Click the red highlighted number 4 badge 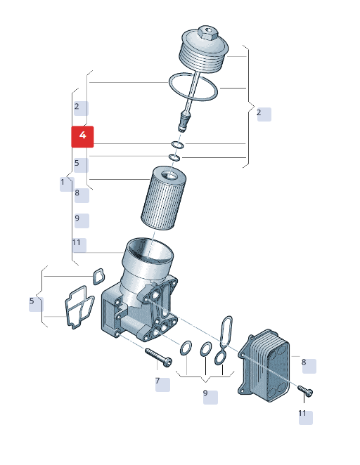click(x=82, y=136)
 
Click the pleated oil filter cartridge click(x=163, y=198)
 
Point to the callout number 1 click(x=63, y=182)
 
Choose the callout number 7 click(x=157, y=381)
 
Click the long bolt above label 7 click(x=158, y=357)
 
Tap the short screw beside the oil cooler click(x=305, y=391)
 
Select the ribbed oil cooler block click(x=264, y=365)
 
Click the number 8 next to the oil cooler click(x=304, y=362)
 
